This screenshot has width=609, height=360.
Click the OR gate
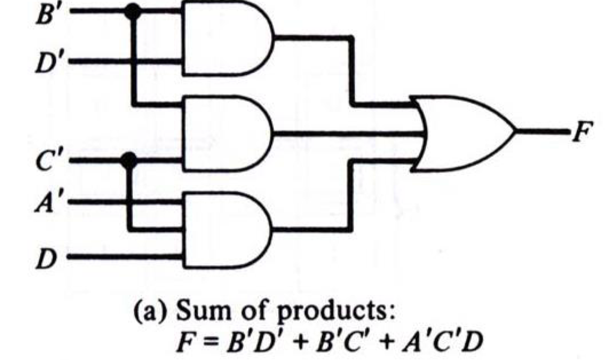[463, 133]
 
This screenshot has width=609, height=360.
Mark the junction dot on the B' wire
[133, 12]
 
